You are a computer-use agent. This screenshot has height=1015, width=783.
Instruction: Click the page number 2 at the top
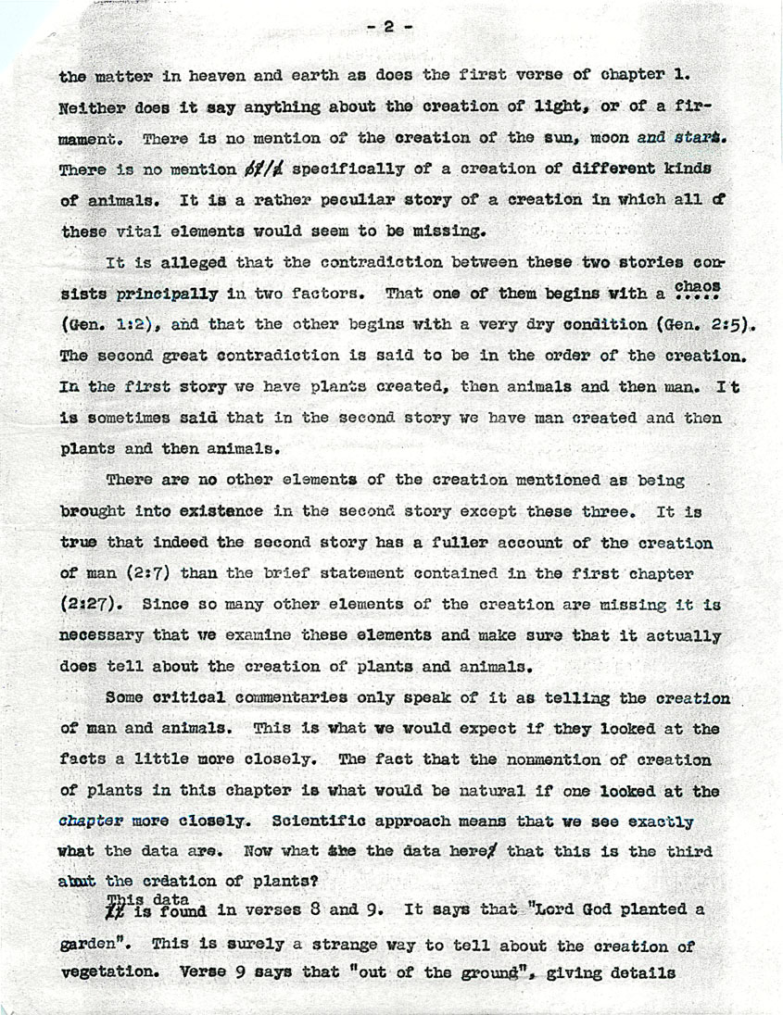tap(388, 27)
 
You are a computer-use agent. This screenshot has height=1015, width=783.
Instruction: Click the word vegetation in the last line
tap(109, 974)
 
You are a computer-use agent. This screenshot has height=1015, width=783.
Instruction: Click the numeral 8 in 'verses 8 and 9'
tap(317, 909)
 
